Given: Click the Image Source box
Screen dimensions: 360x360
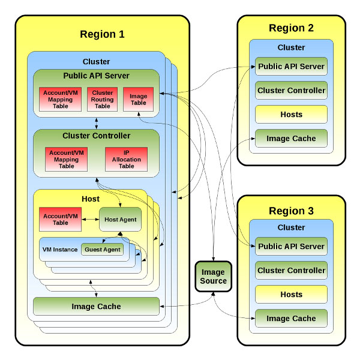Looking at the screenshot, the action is pos(213,277).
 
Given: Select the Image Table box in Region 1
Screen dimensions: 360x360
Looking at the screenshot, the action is pos(138,99).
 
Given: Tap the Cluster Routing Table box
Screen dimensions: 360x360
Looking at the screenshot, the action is pos(102,99).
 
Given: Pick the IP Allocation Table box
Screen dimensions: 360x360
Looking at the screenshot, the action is pos(126,160).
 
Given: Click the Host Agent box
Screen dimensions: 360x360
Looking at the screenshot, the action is pos(121,219).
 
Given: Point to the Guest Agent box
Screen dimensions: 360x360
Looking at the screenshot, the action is pos(102,250).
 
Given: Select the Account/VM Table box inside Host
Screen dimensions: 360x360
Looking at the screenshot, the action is pos(61,219).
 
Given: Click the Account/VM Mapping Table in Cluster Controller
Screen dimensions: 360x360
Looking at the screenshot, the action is pos(67,160).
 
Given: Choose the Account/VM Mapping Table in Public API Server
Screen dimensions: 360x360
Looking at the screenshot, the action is pos(61,99).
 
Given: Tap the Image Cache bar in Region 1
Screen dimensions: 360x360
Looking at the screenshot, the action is pos(96,306).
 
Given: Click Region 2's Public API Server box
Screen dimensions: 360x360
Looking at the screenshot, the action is pos(291,67).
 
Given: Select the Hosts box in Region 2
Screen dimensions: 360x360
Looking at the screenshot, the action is pos(291,115).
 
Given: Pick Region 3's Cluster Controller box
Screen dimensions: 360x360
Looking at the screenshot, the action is pos(291,270).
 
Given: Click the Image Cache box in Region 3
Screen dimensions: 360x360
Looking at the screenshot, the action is pos(291,318).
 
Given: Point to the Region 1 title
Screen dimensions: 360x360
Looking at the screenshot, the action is pos(102,34).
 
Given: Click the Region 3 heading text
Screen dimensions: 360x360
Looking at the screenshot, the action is pos(291,211).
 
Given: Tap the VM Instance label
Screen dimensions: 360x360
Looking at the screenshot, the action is pos(60,250).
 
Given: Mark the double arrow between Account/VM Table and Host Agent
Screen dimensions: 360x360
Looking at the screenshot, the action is pos(91,219).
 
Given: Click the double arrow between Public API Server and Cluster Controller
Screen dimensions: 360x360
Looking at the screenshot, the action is pos(97,123).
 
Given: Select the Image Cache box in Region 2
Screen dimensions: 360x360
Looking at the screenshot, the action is pos(291,138).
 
